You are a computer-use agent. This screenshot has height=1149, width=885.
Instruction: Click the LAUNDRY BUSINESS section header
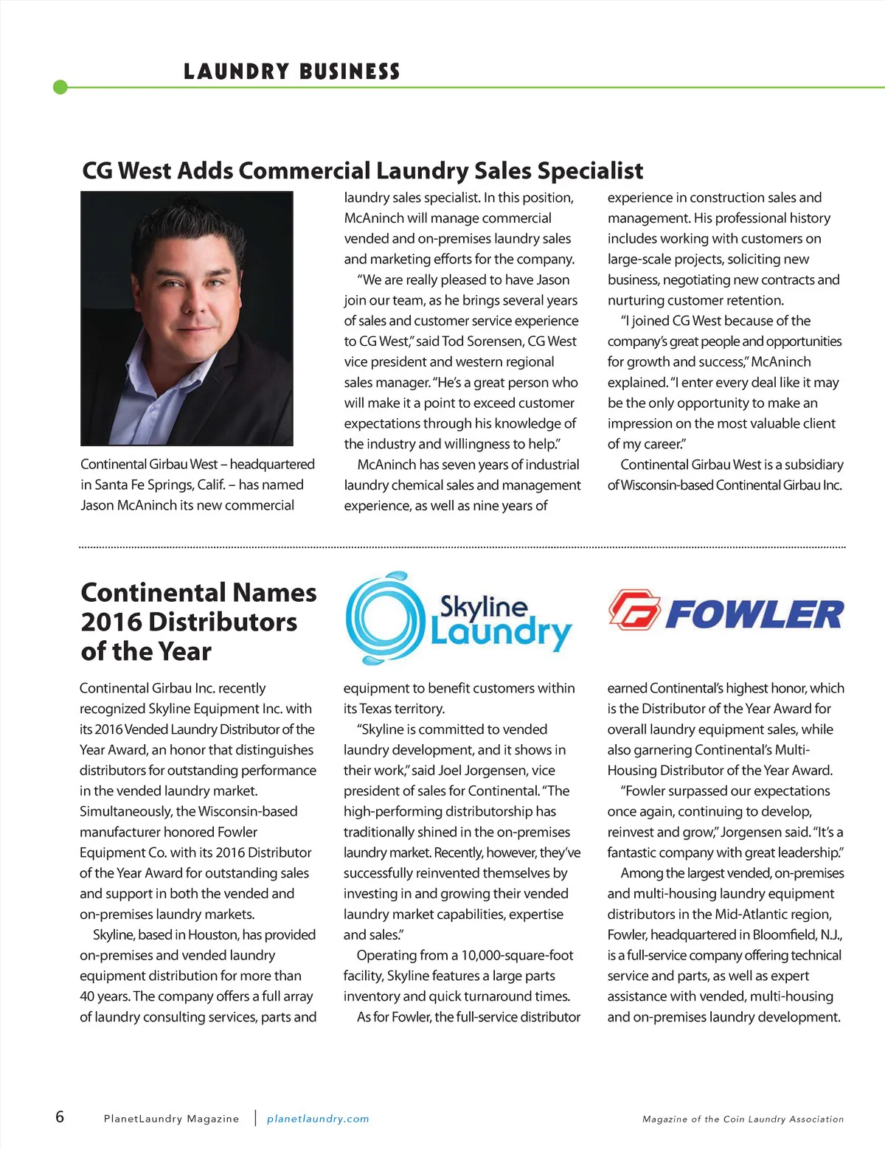[x=291, y=72]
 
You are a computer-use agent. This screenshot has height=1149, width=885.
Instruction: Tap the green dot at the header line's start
[x=60, y=88]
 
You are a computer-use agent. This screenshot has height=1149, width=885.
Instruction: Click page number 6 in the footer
[x=60, y=1117]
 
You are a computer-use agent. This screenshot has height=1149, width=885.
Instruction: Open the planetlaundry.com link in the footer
[x=318, y=1119]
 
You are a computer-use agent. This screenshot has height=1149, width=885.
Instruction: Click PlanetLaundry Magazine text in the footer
[x=171, y=1119]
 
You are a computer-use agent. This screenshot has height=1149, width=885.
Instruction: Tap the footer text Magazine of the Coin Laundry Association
[x=743, y=1119]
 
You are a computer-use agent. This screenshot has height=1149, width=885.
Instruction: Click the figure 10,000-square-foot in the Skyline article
[x=517, y=956]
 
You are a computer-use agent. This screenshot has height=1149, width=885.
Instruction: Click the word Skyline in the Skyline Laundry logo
[x=484, y=606]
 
